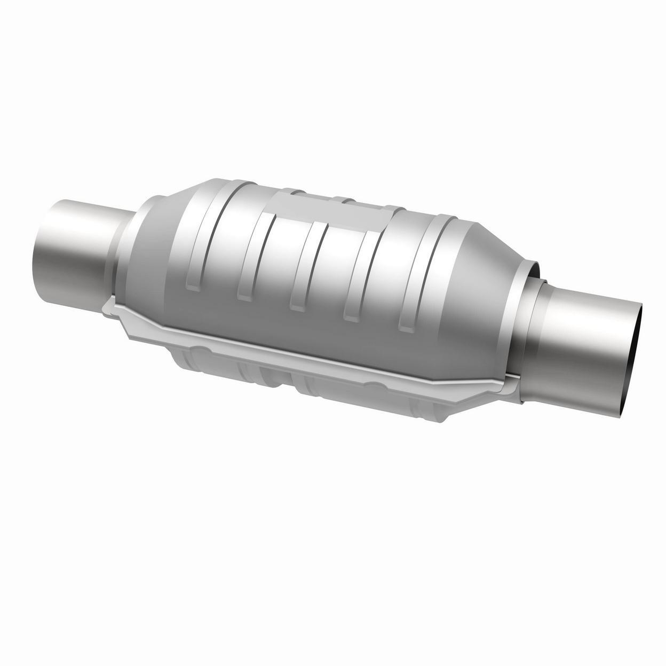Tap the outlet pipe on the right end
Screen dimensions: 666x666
pyautogui.click(x=592, y=342)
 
